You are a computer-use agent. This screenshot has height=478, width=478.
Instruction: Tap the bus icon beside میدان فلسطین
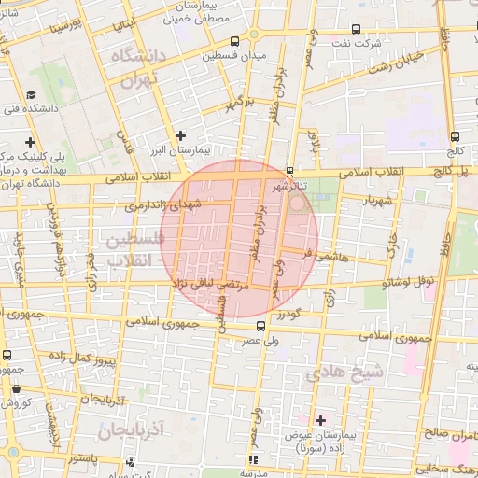[233, 41]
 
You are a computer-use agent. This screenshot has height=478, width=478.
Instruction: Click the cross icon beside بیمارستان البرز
[181, 135]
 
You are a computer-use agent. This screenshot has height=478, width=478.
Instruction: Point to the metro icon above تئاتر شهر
[289, 171]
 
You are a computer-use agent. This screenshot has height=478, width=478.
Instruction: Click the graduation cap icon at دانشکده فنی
[31, 95]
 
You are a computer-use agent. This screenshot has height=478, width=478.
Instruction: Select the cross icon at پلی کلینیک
[31, 142]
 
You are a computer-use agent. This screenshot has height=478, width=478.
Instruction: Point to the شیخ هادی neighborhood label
[346, 373]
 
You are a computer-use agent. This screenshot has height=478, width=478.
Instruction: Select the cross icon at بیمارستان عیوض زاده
[321, 421]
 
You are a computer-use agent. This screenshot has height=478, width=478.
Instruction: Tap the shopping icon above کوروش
[15, 387]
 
